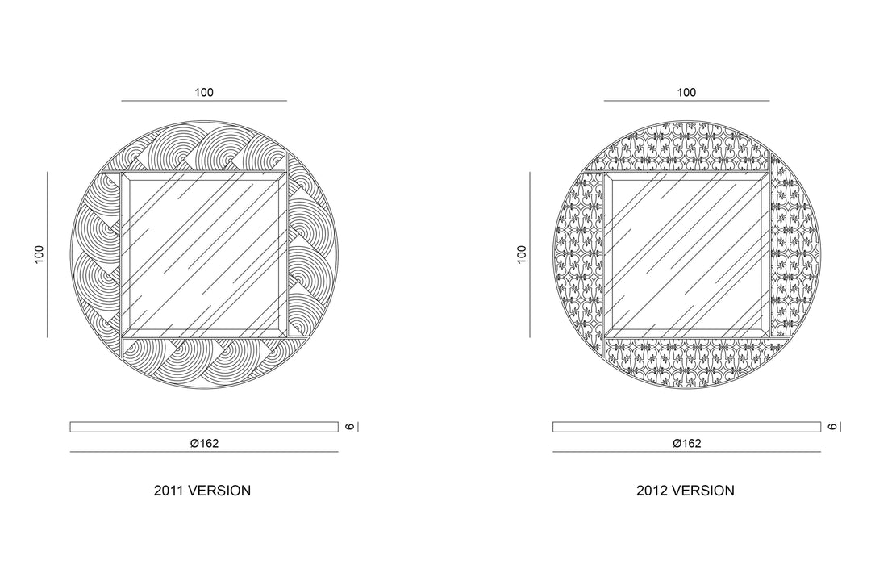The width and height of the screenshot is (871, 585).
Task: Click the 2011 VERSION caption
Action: [202, 491]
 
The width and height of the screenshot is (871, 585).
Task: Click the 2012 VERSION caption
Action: [686, 491]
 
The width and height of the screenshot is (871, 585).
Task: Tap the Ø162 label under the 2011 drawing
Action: [204, 443]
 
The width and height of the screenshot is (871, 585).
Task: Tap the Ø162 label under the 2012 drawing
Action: [687, 443]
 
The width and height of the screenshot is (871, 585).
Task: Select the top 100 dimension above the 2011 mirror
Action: [204, 92]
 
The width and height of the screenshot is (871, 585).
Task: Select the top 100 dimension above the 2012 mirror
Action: [686, 92]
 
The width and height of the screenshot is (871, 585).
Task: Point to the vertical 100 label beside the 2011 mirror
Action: [39, 254]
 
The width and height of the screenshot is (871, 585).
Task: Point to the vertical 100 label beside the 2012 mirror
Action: [522, 254]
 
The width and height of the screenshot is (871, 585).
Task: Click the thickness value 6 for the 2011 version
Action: [349, 427]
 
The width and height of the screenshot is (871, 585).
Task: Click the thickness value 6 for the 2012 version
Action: [832, 427]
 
